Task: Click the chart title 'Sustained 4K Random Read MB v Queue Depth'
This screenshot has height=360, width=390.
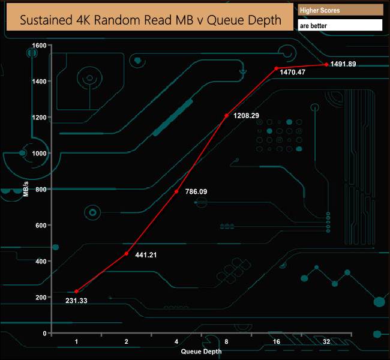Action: (151, 20)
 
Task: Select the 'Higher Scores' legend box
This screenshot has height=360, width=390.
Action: (340, 11)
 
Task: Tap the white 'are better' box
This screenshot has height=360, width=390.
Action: (340, 26)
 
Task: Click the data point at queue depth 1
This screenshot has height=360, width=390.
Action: (76, 292)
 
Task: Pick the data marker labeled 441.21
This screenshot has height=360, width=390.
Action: (127, 254)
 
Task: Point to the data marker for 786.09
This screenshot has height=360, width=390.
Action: (176, 191)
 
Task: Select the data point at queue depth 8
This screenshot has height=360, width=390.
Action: (226, 115)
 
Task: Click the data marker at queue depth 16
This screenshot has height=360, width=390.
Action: (277, 68)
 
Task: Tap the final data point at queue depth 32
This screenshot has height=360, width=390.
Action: (326, 64)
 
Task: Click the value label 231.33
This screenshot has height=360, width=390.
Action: (77, 301)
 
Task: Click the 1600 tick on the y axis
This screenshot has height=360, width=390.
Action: (39, 46)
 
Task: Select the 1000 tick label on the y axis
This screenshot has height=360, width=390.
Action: (39, 154)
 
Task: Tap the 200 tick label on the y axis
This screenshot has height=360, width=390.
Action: (41, 298)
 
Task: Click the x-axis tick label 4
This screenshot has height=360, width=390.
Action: (176, 341)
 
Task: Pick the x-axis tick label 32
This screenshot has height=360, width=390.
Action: (326, 341)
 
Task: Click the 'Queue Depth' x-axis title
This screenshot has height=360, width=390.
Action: (201, 351)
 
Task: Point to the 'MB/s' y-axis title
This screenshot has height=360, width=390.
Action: (26, 190)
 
